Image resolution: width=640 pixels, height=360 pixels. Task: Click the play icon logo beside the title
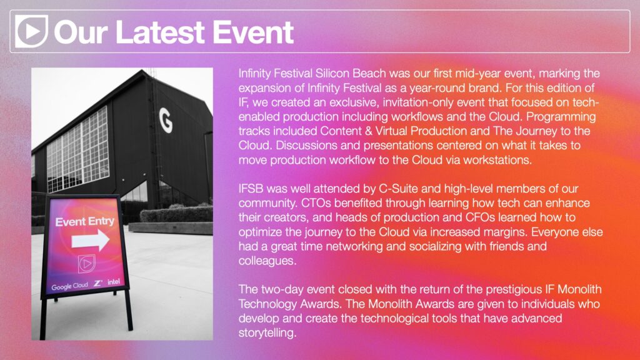pos(31,31)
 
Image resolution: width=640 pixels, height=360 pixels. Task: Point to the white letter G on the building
pos(165,121)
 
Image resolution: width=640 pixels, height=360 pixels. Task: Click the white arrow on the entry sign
pos(90,240)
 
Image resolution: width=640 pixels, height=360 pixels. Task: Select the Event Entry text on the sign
pos(85,222)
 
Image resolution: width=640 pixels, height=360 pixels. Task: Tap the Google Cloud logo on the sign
pos(69,286)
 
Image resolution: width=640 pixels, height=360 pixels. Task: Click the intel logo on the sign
pos(114,282)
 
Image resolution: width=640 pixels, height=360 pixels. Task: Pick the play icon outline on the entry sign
pos(86,264)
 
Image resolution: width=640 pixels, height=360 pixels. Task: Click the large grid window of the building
pos(77,149)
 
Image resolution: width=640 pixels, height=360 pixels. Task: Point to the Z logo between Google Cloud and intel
pos(97,283)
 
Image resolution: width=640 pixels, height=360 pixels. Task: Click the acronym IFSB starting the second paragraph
pos(251,189)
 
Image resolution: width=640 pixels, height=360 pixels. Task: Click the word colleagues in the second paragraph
pos(267,261)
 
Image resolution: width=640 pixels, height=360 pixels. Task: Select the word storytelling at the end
pos(267,332)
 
